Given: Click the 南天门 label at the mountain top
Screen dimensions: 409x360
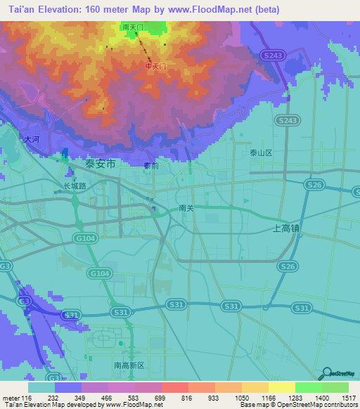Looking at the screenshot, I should pyautogui.click(x=132, y=27).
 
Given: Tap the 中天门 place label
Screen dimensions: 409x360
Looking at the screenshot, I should pyautogui.click(x=155, y=66).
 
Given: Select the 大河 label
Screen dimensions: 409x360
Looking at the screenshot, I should pyautogui.click(x=32, y=140).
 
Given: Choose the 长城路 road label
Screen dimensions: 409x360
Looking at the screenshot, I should pyautogui.click(x=75, y=186).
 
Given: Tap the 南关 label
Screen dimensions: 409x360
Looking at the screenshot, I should pyautogui.click(x=186, y=208).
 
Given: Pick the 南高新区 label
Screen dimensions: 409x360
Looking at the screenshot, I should pyautogui.click(x=129, y=366).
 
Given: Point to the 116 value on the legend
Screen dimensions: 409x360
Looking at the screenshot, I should pyautogui.click(x=27, y=398).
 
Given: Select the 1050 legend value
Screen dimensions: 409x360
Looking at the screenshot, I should pyautogui.click(x=241, y=398).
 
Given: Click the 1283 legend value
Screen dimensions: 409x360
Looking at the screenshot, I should pyautogui.click(x=295, y=398).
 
